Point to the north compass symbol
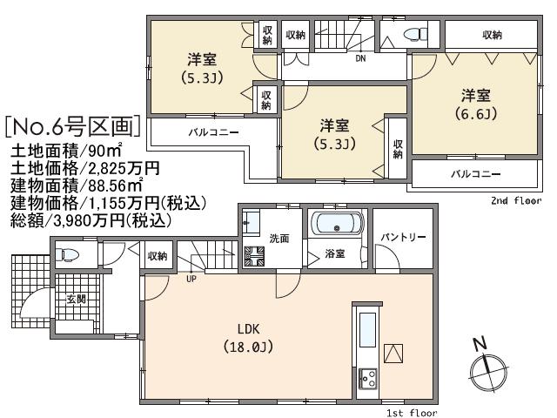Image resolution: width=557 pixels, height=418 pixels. click(484, 370)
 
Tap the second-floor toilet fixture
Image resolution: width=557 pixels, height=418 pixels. click(409, 34)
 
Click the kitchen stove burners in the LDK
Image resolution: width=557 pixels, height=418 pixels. click(366, 378)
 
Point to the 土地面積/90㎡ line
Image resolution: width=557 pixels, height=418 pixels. click(69, 153)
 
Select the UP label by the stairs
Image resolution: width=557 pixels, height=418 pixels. click(190, 280)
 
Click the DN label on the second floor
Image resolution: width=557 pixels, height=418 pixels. click(359, 58)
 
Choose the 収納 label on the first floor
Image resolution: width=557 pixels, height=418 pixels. click(157, 256)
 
